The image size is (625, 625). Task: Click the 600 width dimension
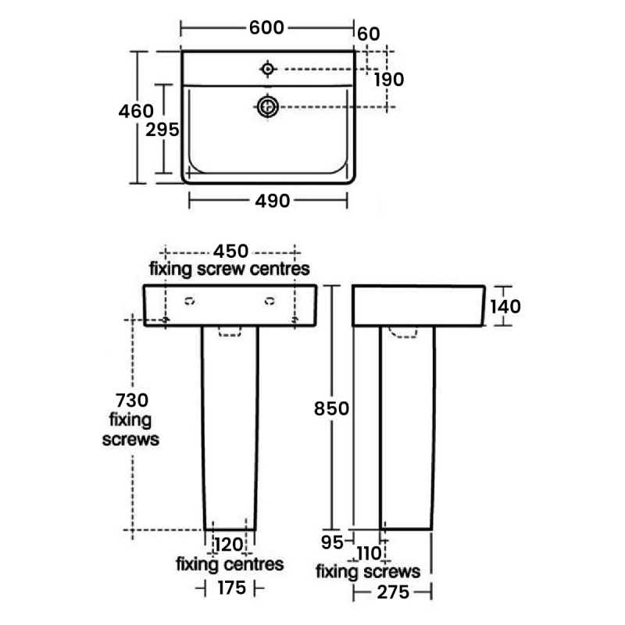coord(266,27)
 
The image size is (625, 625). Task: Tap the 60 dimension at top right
coord(369,34)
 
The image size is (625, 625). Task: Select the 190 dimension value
coord(389,80)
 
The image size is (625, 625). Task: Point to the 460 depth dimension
coord(136,111)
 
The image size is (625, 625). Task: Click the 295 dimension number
coord(162,130)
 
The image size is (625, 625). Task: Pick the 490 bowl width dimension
coord(273,201)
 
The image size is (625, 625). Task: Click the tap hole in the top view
coord(268,69)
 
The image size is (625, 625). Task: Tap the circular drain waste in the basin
coord(268,106)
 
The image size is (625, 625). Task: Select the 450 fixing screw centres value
coord(230,251)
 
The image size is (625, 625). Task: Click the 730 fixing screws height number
coord(132,400)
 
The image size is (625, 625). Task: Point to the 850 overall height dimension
coord(331,409)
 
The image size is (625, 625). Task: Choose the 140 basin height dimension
coord(505,306)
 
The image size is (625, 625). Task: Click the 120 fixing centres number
coord(229,545)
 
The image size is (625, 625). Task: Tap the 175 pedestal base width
coord(232,588)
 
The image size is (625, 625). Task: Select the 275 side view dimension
coord(393,592)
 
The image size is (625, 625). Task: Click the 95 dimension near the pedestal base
coord(332,542)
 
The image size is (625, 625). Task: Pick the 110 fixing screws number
coord(369,553)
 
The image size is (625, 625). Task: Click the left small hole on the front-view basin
coord(190,301)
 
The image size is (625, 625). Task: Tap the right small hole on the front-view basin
coord(270,301)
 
